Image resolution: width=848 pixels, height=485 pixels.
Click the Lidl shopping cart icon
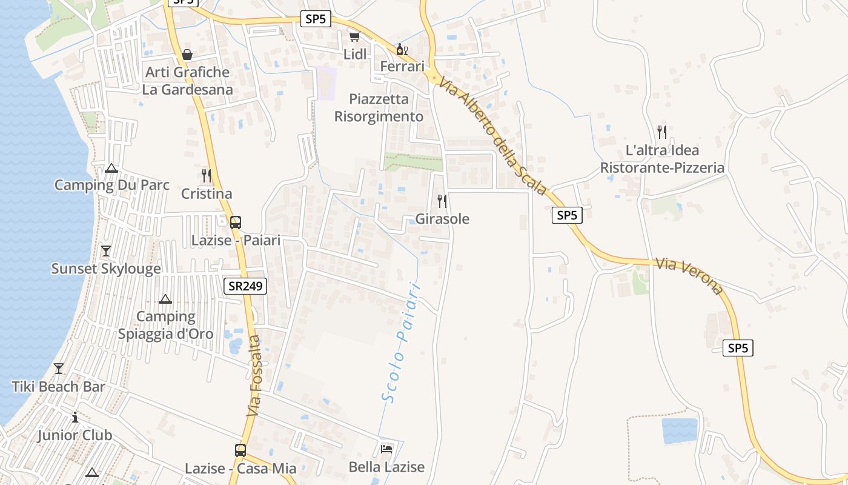354,37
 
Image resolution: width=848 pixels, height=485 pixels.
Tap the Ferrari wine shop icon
401,49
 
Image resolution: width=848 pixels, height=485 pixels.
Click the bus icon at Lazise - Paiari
236,222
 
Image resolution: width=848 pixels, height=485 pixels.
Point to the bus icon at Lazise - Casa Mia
240,450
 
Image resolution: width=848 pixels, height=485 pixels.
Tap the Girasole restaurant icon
442,201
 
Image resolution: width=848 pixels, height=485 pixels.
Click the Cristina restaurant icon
207,176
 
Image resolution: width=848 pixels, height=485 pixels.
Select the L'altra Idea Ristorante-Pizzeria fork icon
662,132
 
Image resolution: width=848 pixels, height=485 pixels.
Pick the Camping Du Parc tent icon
111,168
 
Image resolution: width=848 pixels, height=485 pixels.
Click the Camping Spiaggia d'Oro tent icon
165,299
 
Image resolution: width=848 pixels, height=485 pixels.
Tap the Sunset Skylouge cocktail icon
106,251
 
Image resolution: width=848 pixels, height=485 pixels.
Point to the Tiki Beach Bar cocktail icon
59,369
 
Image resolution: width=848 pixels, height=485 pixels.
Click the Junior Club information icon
75,418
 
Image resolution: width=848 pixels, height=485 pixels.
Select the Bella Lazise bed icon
386,449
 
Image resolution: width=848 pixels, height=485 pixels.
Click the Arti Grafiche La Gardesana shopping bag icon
187,55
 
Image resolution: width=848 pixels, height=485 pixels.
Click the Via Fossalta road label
255,376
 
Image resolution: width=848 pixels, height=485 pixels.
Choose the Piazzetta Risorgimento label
379,107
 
